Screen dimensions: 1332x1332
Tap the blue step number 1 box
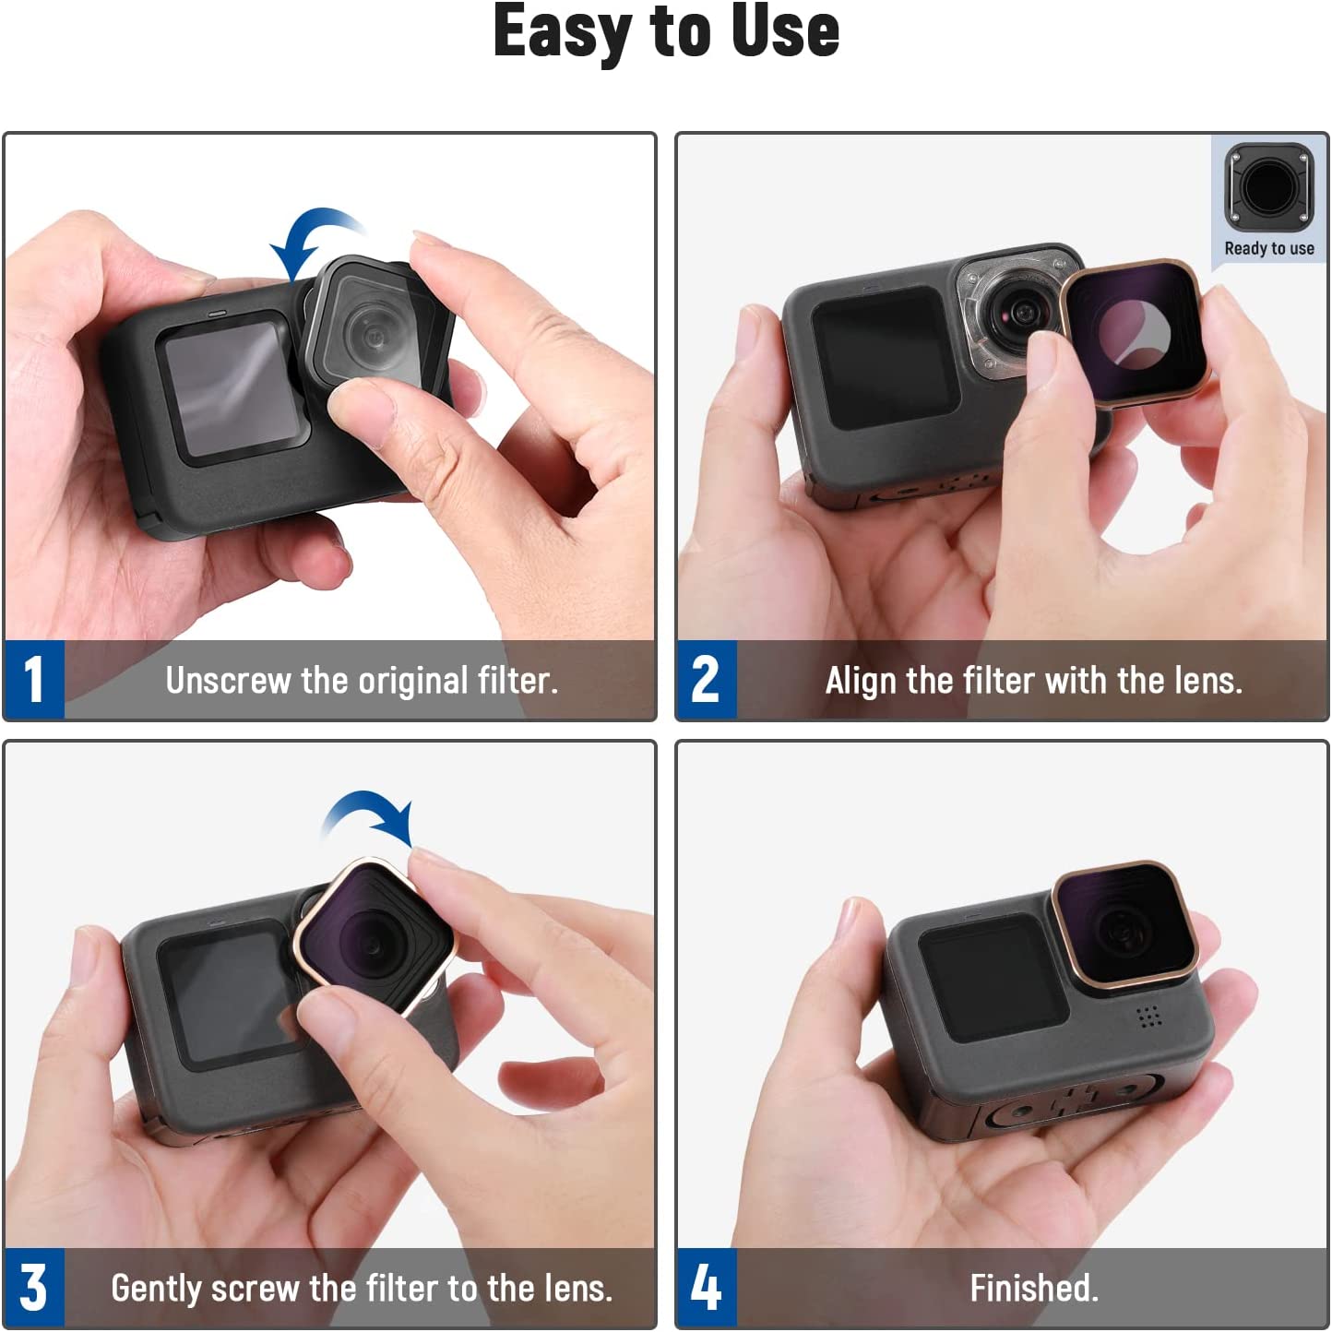pos(34,680)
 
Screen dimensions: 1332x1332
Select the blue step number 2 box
pos(707,680)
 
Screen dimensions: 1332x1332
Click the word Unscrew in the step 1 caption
pos(228,681)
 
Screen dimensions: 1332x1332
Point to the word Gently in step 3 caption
pos(157,1290)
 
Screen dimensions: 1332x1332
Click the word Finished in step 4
pos(1034,1288)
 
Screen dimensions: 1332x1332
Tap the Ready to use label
pos(1269,248)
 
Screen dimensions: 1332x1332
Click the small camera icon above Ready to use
pos(1269,187)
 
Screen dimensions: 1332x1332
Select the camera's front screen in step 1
pos(232,388)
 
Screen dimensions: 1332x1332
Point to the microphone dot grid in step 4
pos(1148,1017)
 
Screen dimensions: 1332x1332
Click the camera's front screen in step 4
pos(993,977)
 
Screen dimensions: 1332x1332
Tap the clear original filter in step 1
pos(376,325)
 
